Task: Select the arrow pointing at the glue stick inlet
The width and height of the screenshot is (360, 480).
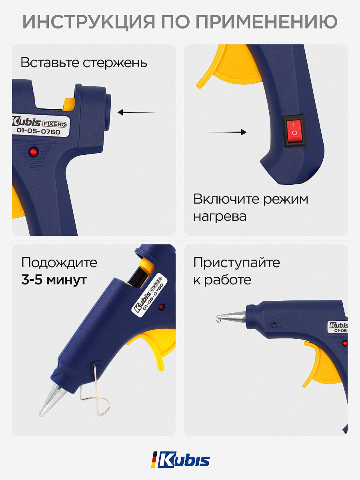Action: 136,113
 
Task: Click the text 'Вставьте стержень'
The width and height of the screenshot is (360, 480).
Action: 84,63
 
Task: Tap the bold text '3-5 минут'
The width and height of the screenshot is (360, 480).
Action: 54,280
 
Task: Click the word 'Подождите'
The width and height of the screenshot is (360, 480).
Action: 59,263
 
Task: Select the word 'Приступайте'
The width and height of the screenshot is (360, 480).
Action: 236,263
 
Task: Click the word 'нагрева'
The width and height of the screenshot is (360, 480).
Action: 220,216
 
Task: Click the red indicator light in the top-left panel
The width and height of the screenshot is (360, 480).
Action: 33,151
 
